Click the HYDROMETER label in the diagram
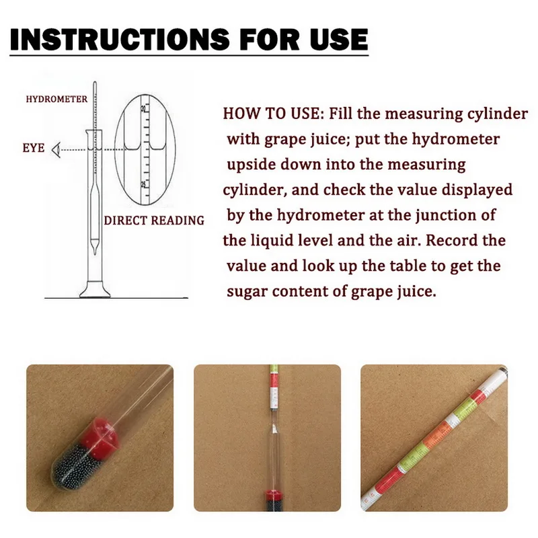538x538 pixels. [x=56, y=99]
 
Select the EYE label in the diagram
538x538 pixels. [x=34, y=147]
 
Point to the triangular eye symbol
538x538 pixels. [x=57, y=147]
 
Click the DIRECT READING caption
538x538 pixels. [x=154, y=220]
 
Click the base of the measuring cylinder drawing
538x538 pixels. [x=93, y=292]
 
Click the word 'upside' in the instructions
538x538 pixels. [x=250, y=164]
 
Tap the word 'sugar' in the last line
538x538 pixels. [x=246, y=291]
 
